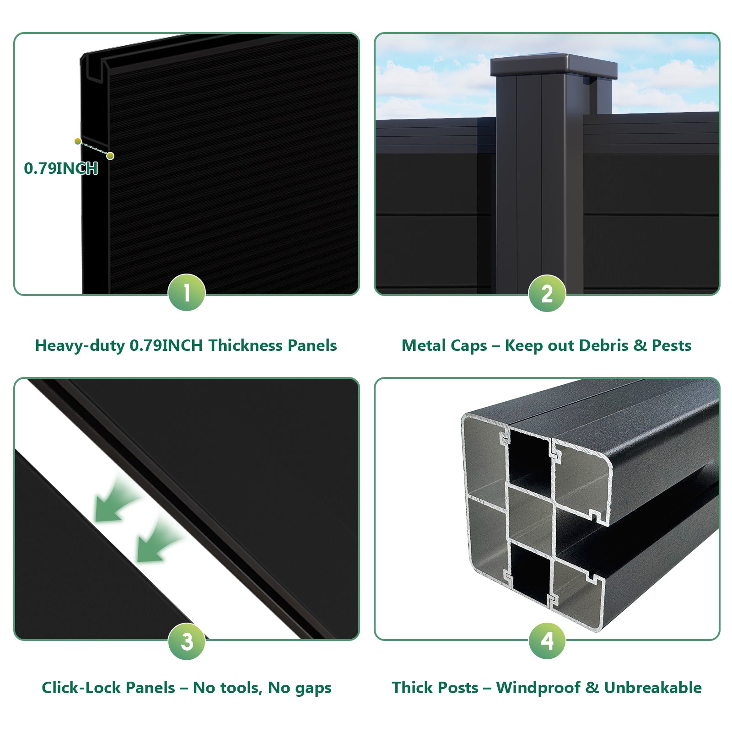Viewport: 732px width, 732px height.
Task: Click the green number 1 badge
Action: pos(187,292)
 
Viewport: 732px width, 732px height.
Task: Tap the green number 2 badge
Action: pos(547,293)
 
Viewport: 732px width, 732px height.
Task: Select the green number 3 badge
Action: pos(187,641)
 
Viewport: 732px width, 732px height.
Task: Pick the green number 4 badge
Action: pos(547,640)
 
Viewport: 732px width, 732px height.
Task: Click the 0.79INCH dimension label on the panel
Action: pos(61,168)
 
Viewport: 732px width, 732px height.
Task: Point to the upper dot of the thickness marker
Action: pos(78,141)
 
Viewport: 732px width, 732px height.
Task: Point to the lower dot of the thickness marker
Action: pos(110,156)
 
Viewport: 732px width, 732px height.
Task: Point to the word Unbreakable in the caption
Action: pos(653,688)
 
